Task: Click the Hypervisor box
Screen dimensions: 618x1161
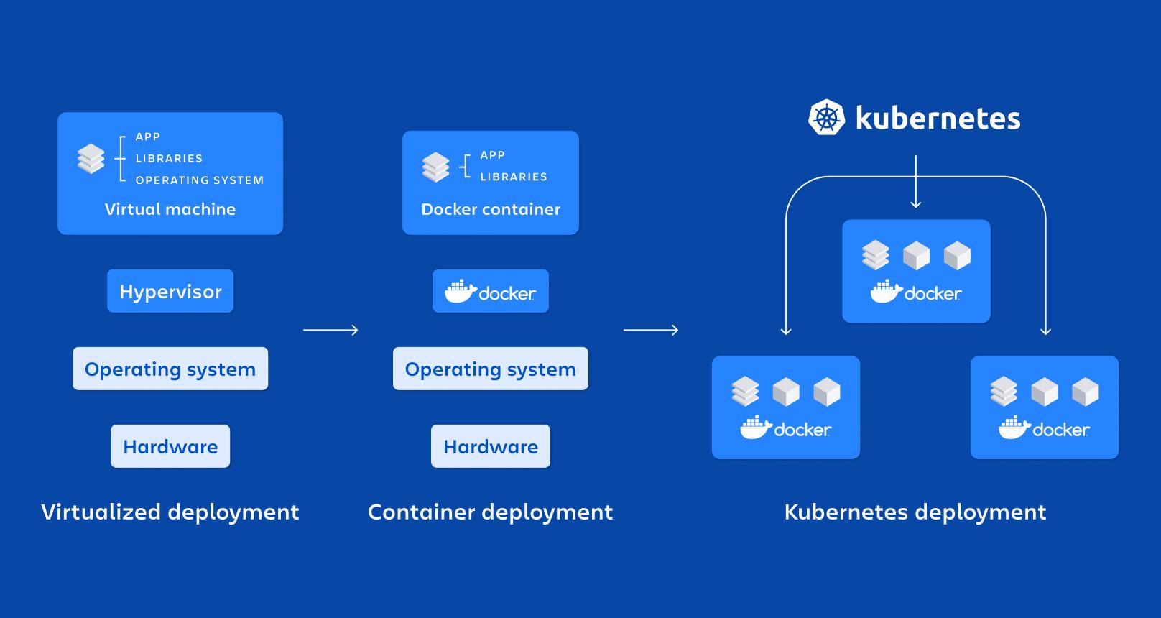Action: point(170,291)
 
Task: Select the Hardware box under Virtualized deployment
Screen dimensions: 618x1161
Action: point(170,446)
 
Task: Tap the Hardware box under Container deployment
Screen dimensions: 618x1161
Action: point(491,446)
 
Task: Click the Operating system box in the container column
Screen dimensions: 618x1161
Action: point(491,369)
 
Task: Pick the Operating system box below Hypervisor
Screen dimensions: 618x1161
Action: point(170,369)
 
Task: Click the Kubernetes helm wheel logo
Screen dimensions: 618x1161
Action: point(827,118)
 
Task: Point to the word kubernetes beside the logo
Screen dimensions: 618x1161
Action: point(938,119)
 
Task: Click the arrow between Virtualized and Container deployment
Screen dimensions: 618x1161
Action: point(330,330)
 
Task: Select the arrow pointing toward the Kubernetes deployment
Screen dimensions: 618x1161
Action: point(651,330)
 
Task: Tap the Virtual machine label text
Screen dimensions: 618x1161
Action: point(170,209)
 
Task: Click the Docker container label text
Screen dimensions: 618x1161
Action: point(491,209)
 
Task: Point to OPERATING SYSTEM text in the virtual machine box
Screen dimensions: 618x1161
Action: point(200,180)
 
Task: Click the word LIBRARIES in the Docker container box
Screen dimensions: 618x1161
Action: point(514,177)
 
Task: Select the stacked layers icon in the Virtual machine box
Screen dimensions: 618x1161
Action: point(91,159)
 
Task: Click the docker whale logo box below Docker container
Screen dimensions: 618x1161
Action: point(491,291)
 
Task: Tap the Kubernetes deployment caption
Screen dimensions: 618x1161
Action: point(915,512)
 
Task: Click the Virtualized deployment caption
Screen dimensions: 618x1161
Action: point(170,512)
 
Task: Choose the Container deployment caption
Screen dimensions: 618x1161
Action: point(491,512)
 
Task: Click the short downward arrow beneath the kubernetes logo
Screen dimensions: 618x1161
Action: point(915,183)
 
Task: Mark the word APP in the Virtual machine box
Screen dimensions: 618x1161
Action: point(148,137)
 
